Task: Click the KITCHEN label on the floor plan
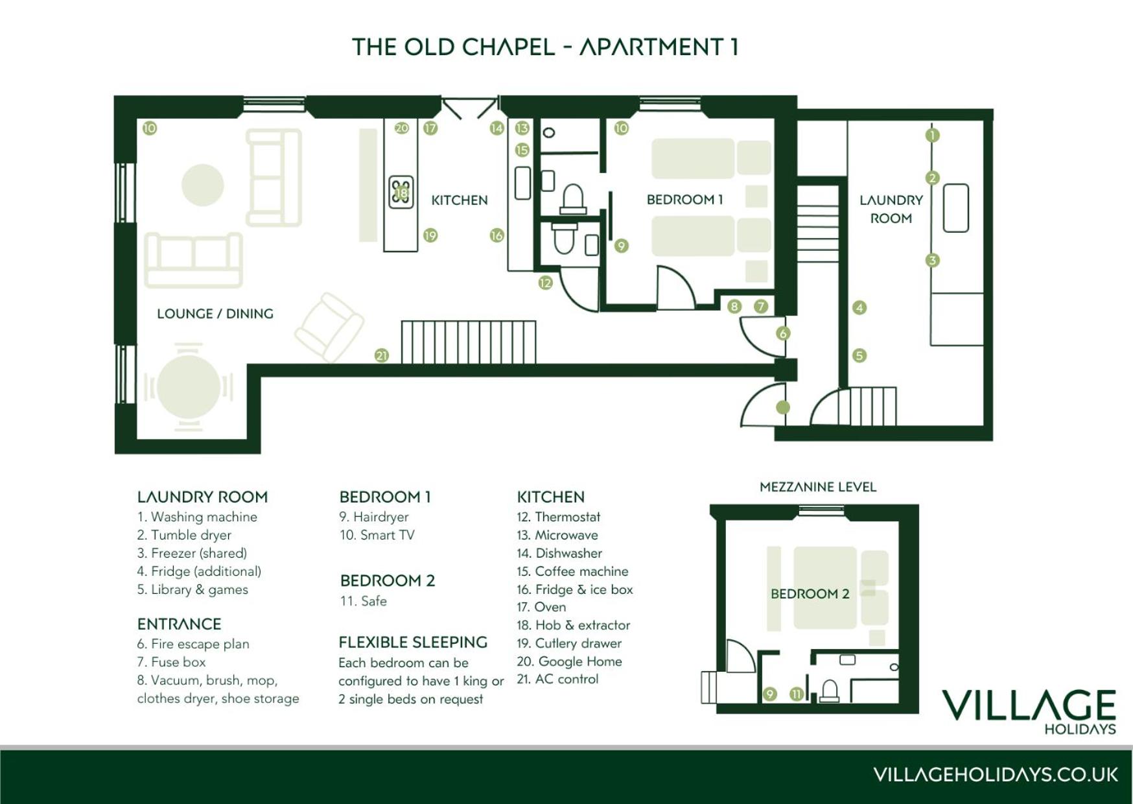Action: pos(460,200)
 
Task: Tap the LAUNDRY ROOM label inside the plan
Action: pos(891,209)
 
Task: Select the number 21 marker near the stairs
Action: pos(382,355)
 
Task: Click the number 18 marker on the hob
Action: pos(401,193)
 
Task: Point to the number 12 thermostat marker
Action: pos(545,283)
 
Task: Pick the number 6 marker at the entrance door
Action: pos(783,334)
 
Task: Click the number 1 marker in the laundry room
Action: pos(932,136)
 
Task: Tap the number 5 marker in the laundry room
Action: pos(859,355)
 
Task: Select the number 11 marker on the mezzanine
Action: pos(797,694)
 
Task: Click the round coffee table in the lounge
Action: pos(203,185)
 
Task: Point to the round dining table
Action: pos(189,387)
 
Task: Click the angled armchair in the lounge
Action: pos(329,327)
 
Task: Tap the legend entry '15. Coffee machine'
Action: pos(572,571)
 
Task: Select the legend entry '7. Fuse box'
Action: pos(171,662)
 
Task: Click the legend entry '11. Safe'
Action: pos(363,601)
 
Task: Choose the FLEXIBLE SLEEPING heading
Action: pos(413,643)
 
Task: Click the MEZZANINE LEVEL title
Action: pos(818,487)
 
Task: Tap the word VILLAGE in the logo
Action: pos(1029,705)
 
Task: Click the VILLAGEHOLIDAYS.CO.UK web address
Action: pos(995,775)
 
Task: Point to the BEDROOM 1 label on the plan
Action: pos(684,200)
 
